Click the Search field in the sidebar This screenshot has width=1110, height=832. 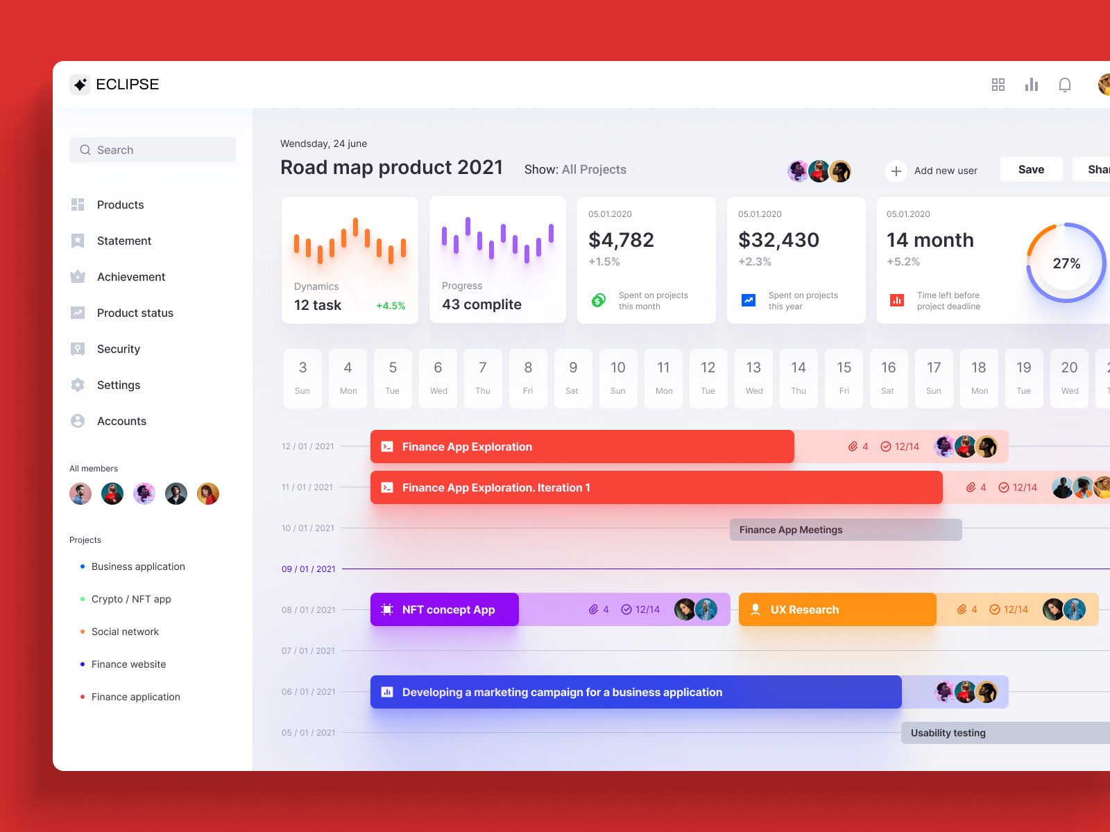[x=153, y=150]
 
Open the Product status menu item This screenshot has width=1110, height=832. [x=135, y=313]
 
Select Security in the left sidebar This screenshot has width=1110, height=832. [x=118, y=349]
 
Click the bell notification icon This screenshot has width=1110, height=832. [x=1064, y=85]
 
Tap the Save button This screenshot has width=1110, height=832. [x=1031, y=169]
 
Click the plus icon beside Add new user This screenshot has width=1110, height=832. [x=896, y=171]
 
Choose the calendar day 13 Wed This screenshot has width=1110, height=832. [x=753, y=378]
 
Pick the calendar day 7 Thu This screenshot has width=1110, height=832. [x=483, y=378]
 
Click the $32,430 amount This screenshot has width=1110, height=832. [x=778, y=240]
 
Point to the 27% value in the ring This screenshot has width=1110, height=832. [x=1066, y=263]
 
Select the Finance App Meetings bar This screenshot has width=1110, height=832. [x=845, y=530]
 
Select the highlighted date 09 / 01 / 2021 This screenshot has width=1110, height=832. [x=308, y=569]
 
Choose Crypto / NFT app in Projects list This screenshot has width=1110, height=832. [x=131, y=599]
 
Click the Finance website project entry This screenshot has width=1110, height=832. [x=128, y=664]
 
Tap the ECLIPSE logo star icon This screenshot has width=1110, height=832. [x=80, y=85]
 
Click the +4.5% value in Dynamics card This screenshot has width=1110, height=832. [x=391, y=306]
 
